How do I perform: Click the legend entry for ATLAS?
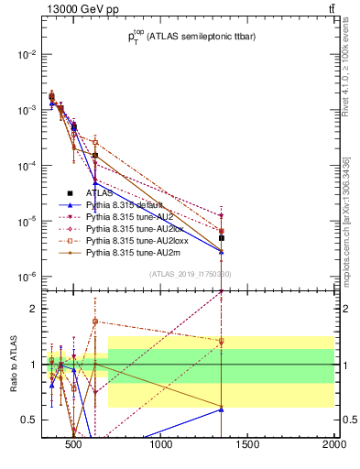click(101, 193)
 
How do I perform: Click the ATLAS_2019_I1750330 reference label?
click(191, 273)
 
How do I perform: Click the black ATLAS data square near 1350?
click(222, 238)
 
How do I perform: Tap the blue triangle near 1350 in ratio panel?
click(222, 409)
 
